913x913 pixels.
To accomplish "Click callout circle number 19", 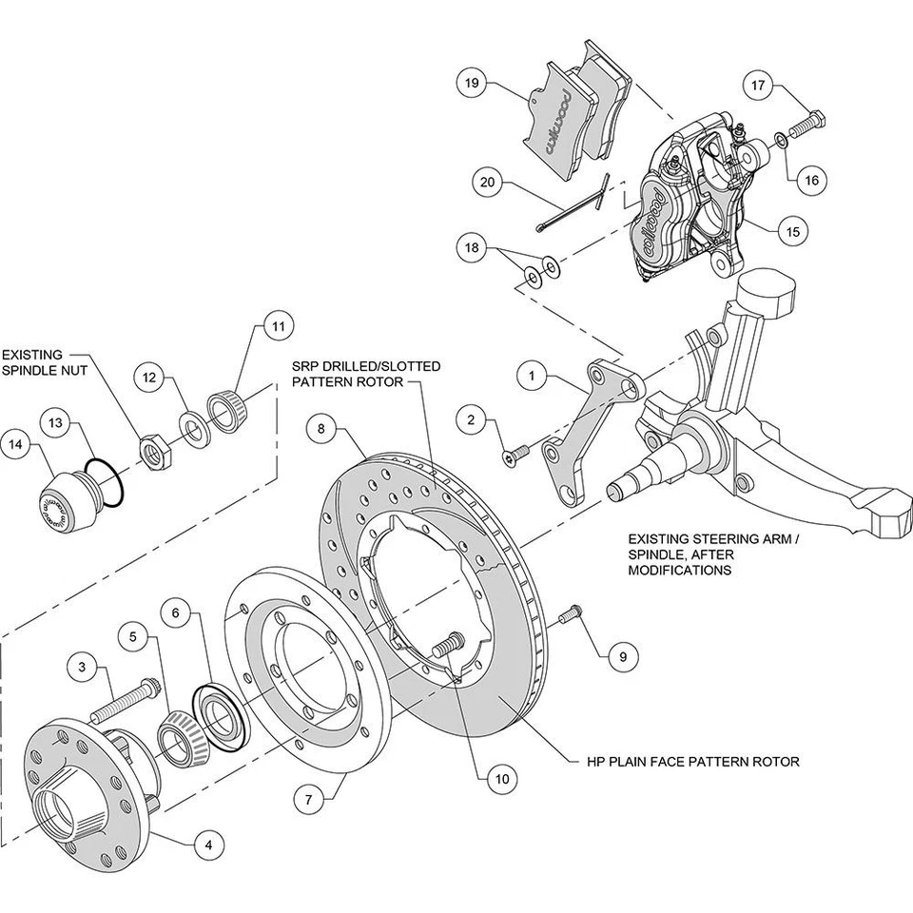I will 471,83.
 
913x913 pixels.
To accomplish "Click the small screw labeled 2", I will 514,457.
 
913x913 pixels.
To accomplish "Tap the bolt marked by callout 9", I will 570,615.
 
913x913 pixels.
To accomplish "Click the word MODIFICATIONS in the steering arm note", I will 679,571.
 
